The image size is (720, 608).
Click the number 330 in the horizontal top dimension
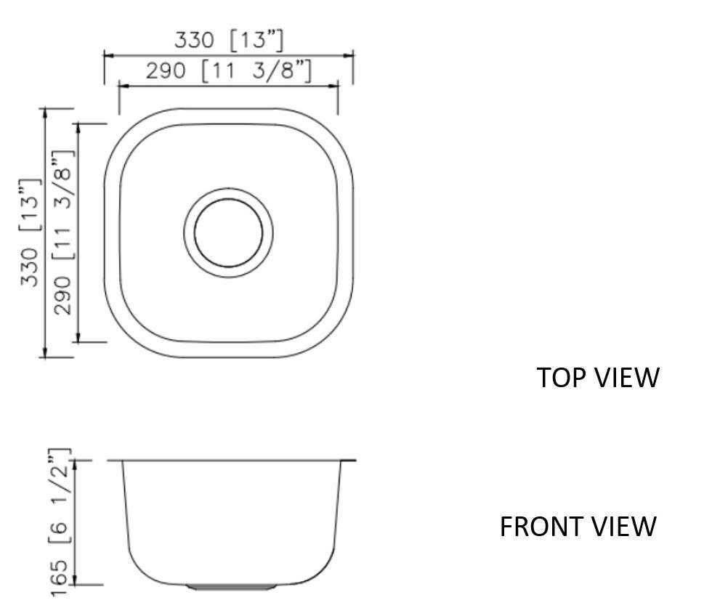pyautogui.click(x=196, y=41)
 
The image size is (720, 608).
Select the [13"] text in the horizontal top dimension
pyautogui.click(x=256, y=41)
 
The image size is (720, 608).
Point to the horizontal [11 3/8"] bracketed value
pyautogui.click(x=257, y=71)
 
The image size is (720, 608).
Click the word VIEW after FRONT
pyautogui.click(x=624, y=526)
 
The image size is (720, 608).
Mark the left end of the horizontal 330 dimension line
pyautogui.click(x=105, y=54)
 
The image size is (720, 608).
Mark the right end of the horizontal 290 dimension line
pyautogui.click(x=339, y=86)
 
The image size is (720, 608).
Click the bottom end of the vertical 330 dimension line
pyautogui.click(x=46, y=357)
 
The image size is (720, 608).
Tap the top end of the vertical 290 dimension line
pyautogui.click(x=78, y=124)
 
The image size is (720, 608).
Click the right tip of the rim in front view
pyautogui.click(x=355, y=460)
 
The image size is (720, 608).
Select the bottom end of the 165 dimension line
pyautogui.click(x=78, y=583)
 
